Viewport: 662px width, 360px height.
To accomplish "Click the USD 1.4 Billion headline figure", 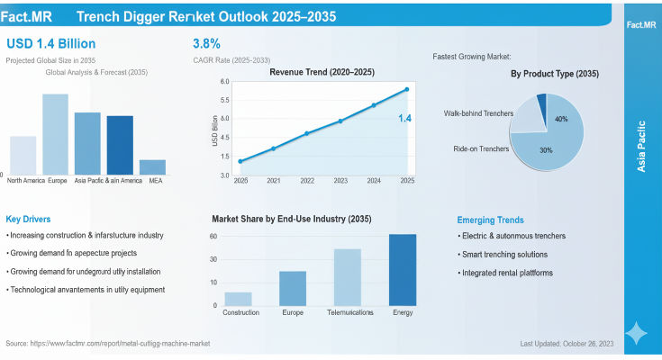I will click(x=51, y=43).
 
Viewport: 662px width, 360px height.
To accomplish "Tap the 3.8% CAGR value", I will click(x=206, y=43).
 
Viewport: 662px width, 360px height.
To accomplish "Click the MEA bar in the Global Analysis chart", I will click(x=152, y=166).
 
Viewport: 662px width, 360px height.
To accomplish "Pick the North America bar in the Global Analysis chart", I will click(x=23, y=155).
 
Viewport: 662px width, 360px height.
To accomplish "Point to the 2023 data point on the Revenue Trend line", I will click(x=340, y=121).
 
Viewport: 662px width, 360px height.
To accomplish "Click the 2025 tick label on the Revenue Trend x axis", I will click(x=407, y=181).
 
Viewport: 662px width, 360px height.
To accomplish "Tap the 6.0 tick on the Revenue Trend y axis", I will click(x=225, y=81).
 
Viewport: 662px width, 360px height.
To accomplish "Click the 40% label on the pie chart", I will click(x=561, y=119).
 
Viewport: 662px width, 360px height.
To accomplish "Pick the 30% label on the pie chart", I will click(x=546, y=149).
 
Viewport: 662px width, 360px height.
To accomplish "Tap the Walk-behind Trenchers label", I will click(x=478, y=113).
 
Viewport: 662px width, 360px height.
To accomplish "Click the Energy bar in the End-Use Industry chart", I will click(x=403, y=269).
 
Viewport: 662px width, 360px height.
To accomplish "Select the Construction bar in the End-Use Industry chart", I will click(x=239, y=298).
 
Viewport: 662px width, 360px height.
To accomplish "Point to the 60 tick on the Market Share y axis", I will click(x=213, y=237).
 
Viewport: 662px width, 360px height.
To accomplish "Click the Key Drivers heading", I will click(x=28, y=219).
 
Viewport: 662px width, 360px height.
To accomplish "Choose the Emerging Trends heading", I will click(x=492, y=220).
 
